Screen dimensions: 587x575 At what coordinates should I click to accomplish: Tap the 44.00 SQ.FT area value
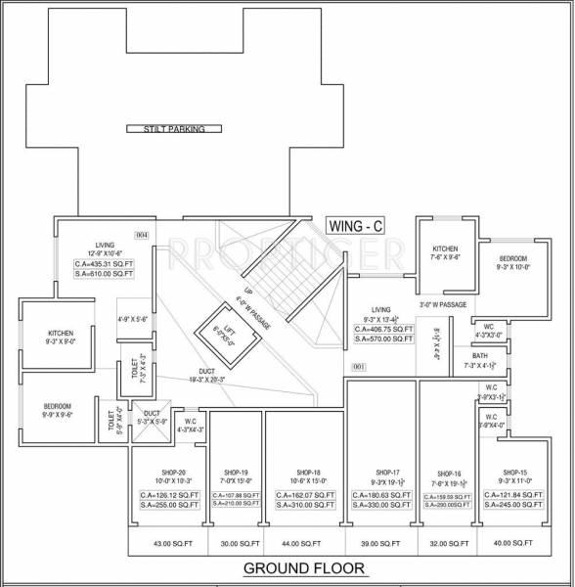[x=300, y=542]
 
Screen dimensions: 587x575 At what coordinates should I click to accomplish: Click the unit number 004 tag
[x=141, y=236]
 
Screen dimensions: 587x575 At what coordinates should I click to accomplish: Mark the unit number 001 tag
[x=358, y=367]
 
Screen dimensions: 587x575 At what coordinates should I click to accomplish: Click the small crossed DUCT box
[x=151, y=421]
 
